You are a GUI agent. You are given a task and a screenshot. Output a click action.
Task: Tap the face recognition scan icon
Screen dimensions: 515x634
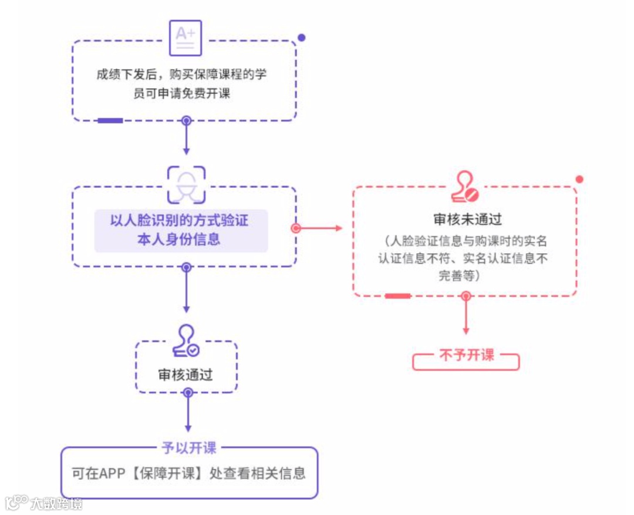pos(186,183)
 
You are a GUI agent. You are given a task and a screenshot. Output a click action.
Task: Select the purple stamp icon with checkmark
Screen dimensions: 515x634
pos(186,342)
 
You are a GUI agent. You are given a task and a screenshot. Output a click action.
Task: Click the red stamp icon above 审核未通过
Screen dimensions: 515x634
pos(465,187)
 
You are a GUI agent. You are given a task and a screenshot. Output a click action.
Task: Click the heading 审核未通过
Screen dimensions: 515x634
pos(468,220)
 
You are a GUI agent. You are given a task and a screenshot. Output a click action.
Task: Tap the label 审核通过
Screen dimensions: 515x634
pos(186,375)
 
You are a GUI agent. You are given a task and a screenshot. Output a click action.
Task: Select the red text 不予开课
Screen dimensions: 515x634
pos(467,355)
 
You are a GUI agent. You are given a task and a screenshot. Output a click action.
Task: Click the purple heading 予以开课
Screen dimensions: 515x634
pos(189,447)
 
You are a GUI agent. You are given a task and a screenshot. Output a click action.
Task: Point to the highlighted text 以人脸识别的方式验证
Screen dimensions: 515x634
pos(180,221)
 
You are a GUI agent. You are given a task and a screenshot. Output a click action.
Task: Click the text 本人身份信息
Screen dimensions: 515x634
pos(179,240)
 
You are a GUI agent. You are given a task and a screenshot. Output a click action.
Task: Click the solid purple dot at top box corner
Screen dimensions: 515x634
pos(301,38)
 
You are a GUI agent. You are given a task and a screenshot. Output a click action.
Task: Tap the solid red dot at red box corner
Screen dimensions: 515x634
pos(579,179)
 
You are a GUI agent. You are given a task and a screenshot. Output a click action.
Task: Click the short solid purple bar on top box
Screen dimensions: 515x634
pos(110,121)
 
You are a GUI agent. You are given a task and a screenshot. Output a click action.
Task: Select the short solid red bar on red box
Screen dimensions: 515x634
pos(397,296)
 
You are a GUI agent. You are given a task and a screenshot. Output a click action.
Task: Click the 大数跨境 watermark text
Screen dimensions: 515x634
pos(56,503)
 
